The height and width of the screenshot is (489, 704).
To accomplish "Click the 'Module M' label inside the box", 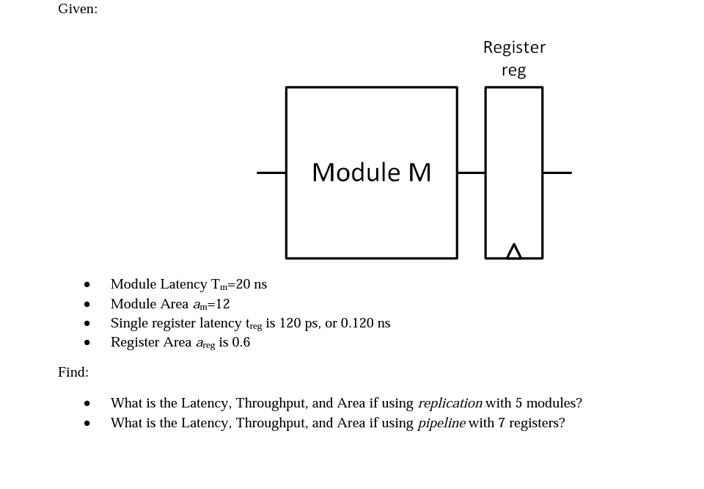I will [371, 173].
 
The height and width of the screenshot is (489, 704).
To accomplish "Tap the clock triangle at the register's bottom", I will [514, 252].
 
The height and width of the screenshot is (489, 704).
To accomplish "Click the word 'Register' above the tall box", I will [514, 48].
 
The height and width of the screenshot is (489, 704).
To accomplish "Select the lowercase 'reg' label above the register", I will [513, 70].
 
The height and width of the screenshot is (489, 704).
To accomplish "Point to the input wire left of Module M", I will [271, 173].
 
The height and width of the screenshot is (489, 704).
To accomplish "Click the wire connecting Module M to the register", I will [471, 173].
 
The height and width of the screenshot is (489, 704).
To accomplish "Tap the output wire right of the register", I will [557, 173].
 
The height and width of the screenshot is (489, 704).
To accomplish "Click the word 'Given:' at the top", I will [78, 9].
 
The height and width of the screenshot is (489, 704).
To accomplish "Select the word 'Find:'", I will [73, 372].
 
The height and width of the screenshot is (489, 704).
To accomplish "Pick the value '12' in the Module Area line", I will [222, 304].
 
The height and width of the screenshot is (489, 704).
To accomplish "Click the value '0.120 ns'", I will [365, 323].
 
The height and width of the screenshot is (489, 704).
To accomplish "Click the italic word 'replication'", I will [450, 403].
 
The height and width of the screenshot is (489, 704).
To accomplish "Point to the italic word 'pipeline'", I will [441, 423].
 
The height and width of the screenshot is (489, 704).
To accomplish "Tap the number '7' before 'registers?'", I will [502, 423].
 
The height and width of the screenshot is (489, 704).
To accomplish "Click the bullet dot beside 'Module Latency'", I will [87, 285].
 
